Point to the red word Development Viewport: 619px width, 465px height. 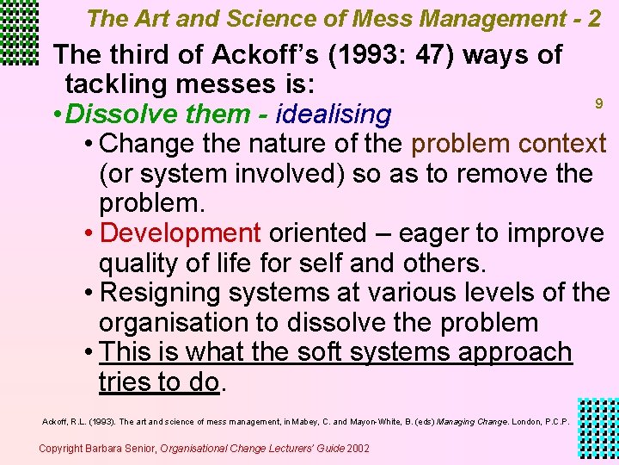click(x=181, y=232)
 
